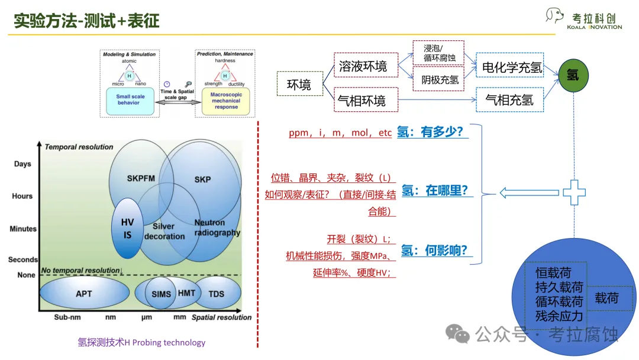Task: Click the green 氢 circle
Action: pyautogui.click(x=573, y=76)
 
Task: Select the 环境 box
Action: pyautogui.click(x=299, y=84)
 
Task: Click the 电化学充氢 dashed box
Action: pyautogui.click(x=510, y=66)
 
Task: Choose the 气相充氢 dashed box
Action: pyautogui.click(x=510, y=100)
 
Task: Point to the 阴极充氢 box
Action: pyautogui.click(x=438, y=79)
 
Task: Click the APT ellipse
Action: pyautogui.click(x=84, y=293)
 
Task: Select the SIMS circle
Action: pyautogui.click(x=161, y=294)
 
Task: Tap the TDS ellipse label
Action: pyautogui.click(x=217, y=293)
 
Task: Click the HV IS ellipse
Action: pyautogui.click(x=127, y=229)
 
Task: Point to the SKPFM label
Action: pyautogui.click(x=141, y=178)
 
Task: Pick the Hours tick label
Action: pyautogui.click(x=22, y=196)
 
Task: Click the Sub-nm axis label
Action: pyautogui.click(x=67, y=317)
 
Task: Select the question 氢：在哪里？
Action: pyautogui.click(x=435, y=190)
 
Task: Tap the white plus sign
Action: pyautogui.click(x=573, y=192)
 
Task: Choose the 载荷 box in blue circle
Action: pyautogui.click(x=606, y=298)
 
